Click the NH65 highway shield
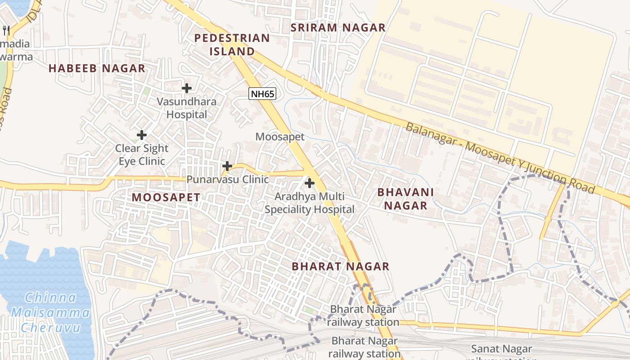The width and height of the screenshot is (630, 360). pos(262,94)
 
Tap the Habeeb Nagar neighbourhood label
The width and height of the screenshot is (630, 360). pos(97,68)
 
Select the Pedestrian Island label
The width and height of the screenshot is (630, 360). pos(232,45)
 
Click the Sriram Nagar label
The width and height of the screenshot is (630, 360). pos(338,27)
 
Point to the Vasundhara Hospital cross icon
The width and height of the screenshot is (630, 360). pos(187,88)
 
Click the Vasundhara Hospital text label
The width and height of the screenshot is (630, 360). pos(187,108)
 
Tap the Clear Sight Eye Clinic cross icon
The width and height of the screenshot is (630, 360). pos(142,135)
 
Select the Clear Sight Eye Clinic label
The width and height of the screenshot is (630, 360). pos(142,154)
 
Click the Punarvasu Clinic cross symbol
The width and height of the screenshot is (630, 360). pos(227,166)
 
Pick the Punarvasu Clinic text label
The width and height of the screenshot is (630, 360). pos(227,180)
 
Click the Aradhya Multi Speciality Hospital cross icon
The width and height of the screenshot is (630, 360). pos(310,183)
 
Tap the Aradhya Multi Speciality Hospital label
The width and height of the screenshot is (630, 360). pos(310,203)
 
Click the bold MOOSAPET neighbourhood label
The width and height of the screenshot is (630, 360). pos(166,197)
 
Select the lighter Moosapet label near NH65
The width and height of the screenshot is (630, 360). pos(280,137)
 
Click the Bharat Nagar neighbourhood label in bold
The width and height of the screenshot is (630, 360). pos(340,266)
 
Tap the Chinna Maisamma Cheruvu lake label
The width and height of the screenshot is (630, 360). pos(50,312)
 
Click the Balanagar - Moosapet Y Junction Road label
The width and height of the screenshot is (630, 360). pos(500,157)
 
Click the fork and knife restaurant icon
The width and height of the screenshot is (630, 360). pos(6,31)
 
